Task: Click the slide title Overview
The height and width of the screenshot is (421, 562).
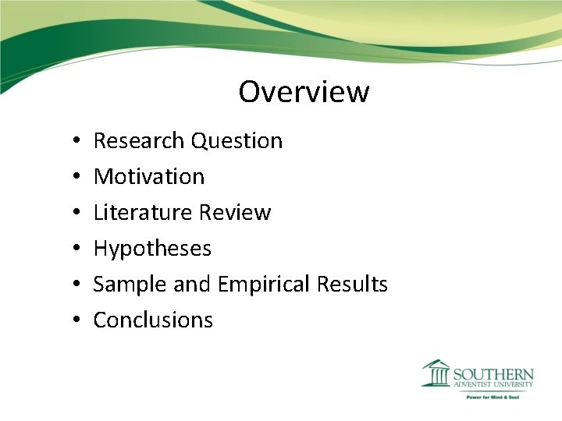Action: tap(304, 92)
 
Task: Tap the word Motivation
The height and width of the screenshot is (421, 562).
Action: tap(149, 177)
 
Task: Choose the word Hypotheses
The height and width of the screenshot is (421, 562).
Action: tap(152, 249)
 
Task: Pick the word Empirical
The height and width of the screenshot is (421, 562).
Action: tap(265, 285)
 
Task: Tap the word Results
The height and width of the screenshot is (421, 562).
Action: tap(352, 285)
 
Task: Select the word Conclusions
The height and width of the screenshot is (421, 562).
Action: tap(153, 320)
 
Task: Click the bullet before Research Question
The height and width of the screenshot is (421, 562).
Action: tap(73, 142)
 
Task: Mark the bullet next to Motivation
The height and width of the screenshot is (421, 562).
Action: tap(73, 178)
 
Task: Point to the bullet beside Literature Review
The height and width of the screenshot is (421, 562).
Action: tap(73, 214)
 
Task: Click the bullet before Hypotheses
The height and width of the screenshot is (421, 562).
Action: tap(73, 249)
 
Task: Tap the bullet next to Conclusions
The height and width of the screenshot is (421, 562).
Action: tap(73, 321)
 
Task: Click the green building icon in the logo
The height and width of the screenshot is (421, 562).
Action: tap(436, 373)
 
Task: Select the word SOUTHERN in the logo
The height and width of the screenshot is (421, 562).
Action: tap(493, 374)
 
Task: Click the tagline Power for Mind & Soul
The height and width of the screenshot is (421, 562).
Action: tap(493, 397)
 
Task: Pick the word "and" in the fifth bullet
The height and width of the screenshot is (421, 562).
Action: tap(192, 285)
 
